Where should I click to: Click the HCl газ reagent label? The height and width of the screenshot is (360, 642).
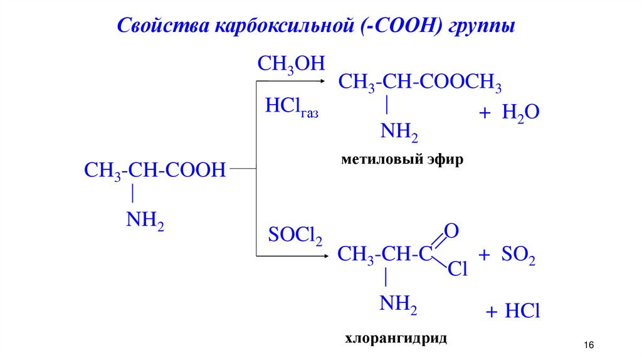click(x=291, y=107)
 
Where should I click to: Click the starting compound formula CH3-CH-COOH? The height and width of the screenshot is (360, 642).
click(x=154, y=170)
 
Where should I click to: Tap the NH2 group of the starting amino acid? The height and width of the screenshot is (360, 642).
click(x=144, y=220)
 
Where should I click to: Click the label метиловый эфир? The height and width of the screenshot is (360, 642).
click(x=403, y=160)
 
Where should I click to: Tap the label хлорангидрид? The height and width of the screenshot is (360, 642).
click(x=396, y=339)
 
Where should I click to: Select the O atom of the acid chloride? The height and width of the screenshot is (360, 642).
click(x=452, y=231)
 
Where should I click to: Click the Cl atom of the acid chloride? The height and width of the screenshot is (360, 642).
click(x=458, y=270)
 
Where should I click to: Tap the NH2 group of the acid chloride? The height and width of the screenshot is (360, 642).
click(x=398, y=304)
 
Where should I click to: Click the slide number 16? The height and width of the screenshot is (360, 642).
click(x=588, y=346)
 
